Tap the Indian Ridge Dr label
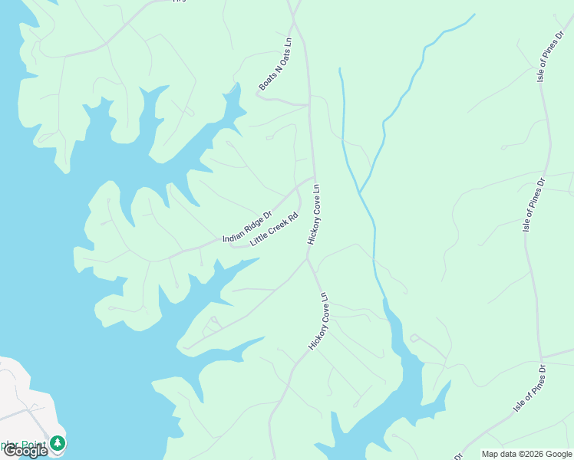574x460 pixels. click(247, 227)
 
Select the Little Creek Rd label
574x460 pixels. click(273, 228)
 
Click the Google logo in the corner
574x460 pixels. click(25, 451)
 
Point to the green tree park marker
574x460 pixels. click(58, 444)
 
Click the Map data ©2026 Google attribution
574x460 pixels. click(526, 454)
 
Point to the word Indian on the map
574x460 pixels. click(232, 236)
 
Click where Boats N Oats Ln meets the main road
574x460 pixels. click(308, 103)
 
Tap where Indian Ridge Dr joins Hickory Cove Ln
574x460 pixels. click(314, 178)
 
